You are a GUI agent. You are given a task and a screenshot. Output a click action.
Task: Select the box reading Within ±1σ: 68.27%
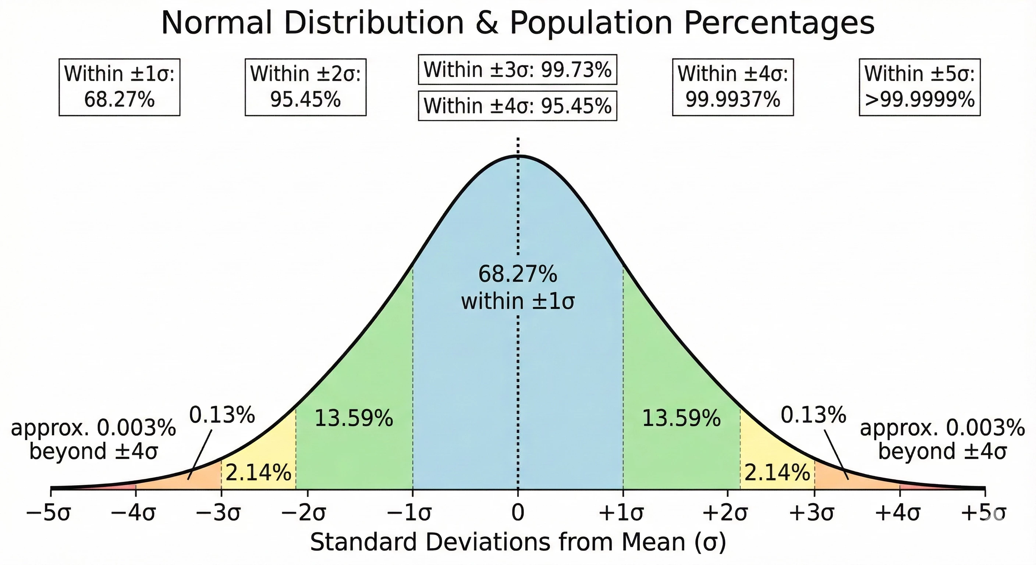(x=120, y=87)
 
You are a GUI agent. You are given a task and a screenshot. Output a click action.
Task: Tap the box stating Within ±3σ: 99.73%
(x=517, y=70)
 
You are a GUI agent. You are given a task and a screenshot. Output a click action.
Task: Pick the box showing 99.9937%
(x=733, y=87)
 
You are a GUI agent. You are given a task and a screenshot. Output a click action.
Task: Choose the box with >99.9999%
(x=919, y=87)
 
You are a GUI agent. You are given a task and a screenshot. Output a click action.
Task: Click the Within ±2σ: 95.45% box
(x=306, y=87)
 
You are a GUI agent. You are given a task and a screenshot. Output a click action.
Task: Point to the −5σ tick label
(x=48, y=514)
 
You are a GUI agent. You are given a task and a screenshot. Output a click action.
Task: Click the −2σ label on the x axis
(x=304, y=514)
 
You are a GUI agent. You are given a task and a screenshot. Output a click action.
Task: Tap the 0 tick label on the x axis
(x=518, y=514)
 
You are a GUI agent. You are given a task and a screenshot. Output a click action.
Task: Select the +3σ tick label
(x=812, y=514)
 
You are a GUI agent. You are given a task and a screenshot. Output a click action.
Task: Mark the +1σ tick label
(x=621, y=514)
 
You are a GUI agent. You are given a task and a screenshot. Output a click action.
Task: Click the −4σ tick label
(x=133, y=514)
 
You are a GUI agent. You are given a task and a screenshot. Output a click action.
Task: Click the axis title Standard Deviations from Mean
(x=518, y=543)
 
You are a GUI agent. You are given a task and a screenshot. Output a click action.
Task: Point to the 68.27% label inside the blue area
(x=518, y=275)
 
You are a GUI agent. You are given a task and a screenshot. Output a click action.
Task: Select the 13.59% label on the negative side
(x=354, y=419)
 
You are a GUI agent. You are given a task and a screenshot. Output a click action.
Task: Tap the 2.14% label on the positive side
(x=777, y=473)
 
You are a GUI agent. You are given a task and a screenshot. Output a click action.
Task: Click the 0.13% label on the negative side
(x=222, y=415)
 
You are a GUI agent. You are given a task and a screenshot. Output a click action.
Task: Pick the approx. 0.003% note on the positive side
(x=942, y=439)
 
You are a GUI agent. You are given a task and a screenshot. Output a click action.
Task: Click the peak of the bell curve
(x=518, y=156)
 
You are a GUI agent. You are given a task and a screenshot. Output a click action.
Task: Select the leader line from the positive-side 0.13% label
(x=837, y=454)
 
